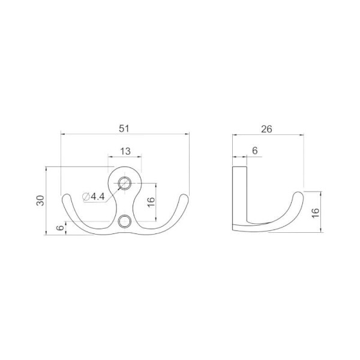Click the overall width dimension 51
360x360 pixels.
(124, 128)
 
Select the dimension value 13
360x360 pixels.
(125, 151)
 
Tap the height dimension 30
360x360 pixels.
(40, 200)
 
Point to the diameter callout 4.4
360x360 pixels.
(98, 197)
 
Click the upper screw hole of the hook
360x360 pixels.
(125, 183)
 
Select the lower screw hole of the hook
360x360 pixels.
(125, 221)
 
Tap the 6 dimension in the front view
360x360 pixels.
(60, 228)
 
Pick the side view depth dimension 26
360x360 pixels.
(266, 129)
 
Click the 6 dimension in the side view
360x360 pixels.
(254, 151)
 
